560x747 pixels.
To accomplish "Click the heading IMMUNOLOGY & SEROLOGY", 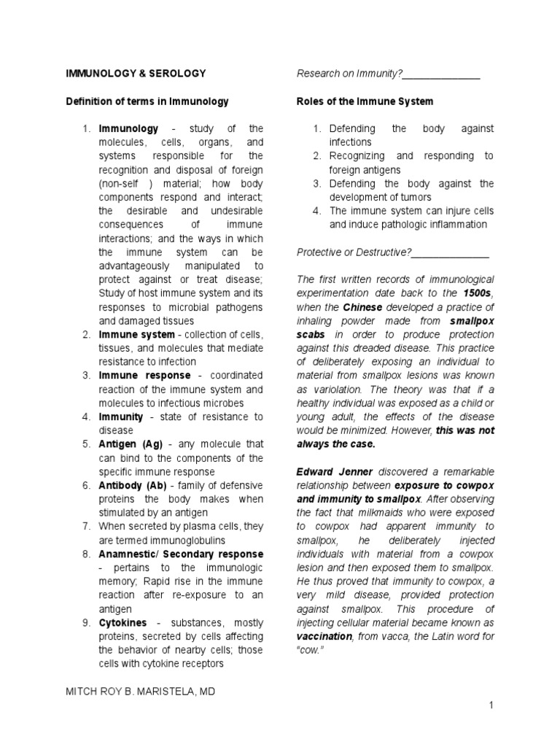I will (x=136, y=74).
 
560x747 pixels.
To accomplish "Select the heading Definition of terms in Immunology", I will (x=147, y=101).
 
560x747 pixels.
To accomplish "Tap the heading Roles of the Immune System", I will (x=365, y=101).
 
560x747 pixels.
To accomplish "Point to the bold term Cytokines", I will (x=122, y=622).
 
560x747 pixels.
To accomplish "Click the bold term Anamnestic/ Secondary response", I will (x=181, y=554).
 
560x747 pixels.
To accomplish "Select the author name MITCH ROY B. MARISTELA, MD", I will (x=144, y=691).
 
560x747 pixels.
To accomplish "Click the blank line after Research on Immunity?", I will (x=441, y=74).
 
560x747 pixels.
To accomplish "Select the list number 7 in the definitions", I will (x=85, y=527).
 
